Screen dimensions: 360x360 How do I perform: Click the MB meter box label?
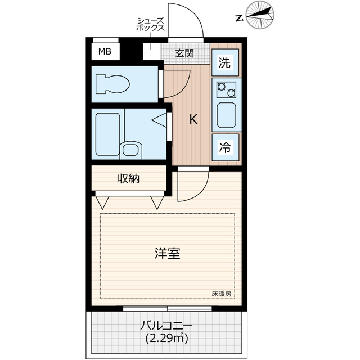click(105, 52)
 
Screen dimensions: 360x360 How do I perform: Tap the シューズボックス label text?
click(150, 24)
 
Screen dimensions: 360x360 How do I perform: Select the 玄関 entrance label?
click(183, 54)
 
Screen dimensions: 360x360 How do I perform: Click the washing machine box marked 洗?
click(225, 63)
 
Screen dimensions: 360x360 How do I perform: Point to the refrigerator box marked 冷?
click(225, 148)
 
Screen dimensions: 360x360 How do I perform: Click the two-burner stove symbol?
click(226, 89)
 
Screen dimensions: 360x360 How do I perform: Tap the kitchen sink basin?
click(226, 115)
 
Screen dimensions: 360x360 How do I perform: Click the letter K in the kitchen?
click(193, 119)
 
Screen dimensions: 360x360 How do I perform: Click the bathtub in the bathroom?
click(107, 134)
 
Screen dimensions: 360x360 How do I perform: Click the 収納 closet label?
click(128, 179)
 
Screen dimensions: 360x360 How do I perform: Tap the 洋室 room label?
click(167, 253)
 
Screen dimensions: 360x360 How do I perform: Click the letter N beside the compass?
click(240, 17)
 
